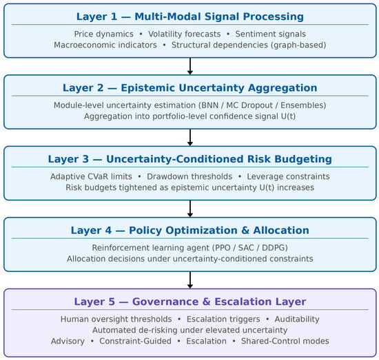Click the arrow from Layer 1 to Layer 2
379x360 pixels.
(x=190, y=66)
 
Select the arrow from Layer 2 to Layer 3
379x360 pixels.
(x=190, y=138)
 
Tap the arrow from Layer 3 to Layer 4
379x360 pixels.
(x=190, y=209)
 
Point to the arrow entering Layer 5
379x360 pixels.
(x=190, y=280)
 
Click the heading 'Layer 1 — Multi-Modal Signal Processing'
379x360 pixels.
(x=190, y=17)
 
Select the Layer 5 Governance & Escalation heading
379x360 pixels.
(x=190, y=301)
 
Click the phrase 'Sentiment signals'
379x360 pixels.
(x=271, y=34)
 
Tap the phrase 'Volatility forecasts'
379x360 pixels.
(x=184, y=34)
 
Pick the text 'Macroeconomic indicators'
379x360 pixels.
(x=105, y=45)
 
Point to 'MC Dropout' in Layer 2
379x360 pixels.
(x=249, y=105)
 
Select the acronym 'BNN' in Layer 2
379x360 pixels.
(x=209, y=105)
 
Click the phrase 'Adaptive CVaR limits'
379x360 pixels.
(x=91, y=176)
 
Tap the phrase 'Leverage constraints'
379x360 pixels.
(x=288, y=176)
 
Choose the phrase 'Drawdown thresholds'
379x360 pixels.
(x=189, y=176)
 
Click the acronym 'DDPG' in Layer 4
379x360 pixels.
(x=274, y=248)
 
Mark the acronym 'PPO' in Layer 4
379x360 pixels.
(x=223, y=248)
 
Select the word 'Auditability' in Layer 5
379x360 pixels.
(x=297, y=319)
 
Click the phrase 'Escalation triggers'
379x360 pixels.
(x=223, y=319)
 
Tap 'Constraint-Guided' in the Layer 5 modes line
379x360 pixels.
(x=135, y=341)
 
